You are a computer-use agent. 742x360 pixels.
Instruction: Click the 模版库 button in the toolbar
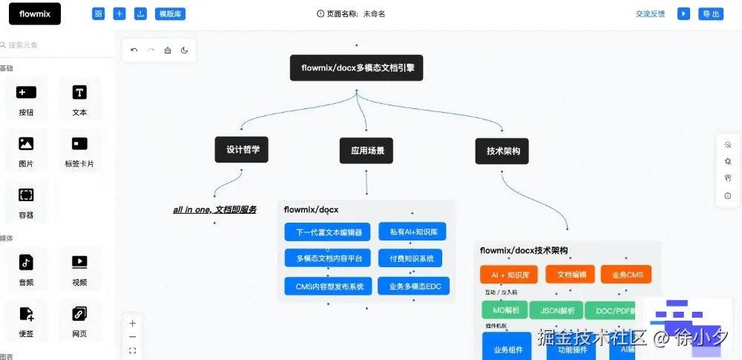click(171, 13)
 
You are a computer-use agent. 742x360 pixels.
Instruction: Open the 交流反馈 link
click(650, 13)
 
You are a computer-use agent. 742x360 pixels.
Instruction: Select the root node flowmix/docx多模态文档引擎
click(356, 68)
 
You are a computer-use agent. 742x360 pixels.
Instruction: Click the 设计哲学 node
click(242, 149)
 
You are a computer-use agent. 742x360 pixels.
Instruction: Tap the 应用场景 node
click(367, 151)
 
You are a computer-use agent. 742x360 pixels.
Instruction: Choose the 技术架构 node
click(502, 151)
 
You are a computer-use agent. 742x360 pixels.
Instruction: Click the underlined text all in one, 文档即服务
click(214, 209)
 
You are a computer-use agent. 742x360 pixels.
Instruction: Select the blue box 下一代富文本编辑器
click(327, 232)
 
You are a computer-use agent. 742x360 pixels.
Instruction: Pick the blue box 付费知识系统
click(410, 258)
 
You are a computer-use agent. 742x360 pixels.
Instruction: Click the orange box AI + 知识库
click(509, 274)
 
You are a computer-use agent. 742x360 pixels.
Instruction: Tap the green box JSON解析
click(556, 310)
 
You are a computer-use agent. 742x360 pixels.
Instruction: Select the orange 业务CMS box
click(626, 274)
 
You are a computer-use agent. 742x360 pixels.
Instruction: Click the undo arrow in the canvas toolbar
click(134, 50)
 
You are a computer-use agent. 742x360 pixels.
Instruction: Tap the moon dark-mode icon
click(184, 50)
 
